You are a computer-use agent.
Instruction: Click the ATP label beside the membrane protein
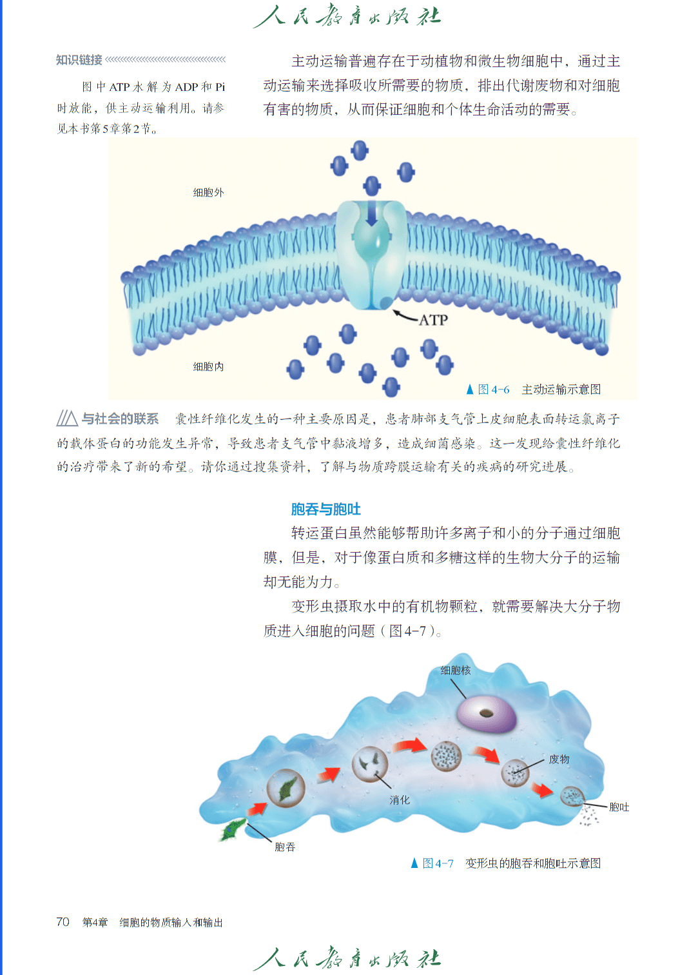(433, 320)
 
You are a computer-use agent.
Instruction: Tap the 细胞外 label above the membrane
(208, 192)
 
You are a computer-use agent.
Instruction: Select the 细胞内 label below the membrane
(208, 366)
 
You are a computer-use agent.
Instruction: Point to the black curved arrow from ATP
(405, 316)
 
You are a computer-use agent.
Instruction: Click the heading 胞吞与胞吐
(325, 509)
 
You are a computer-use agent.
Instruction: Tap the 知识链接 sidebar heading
(79, 59)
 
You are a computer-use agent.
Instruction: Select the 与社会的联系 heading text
(120, 419)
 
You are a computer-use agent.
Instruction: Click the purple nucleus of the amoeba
(487, 713)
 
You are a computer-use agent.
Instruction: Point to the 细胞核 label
(456, 671)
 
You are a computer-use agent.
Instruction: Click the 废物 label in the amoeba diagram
(559, 759)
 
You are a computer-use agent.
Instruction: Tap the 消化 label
(400, 800)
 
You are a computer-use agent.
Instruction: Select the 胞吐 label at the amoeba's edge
(619, 807)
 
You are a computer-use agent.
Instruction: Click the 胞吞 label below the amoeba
(285, 847)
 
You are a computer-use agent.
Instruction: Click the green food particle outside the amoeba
(233, 829)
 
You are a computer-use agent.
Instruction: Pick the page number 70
(63, 922)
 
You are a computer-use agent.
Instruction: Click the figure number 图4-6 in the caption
(493, 389)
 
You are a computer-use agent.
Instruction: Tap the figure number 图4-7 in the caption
(438, 863)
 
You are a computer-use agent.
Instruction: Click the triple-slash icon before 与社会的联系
(67, 419)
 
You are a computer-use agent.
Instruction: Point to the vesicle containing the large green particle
(286, 788)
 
